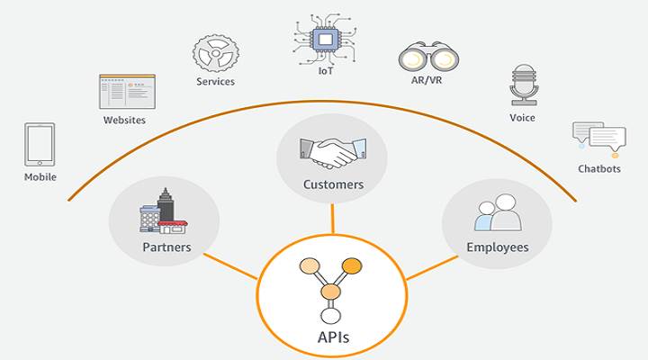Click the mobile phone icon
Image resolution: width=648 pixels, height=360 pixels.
click(40, 144)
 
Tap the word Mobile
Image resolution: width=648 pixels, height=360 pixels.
click(40, 177)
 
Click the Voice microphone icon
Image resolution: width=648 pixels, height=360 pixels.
click(522, 84)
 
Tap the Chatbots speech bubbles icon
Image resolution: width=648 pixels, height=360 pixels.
click(598, 138)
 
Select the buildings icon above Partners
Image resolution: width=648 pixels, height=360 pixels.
click(163, 211)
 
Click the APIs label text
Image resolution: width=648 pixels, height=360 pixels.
click(332, 338)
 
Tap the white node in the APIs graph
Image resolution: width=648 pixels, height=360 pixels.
click(331, 315)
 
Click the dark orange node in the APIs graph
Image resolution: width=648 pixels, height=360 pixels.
click(352, 265)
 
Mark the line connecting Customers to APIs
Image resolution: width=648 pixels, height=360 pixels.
click(332, 218)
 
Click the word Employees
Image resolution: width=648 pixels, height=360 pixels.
click(497, 247)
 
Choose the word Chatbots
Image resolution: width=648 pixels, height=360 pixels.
click(599, 169)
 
